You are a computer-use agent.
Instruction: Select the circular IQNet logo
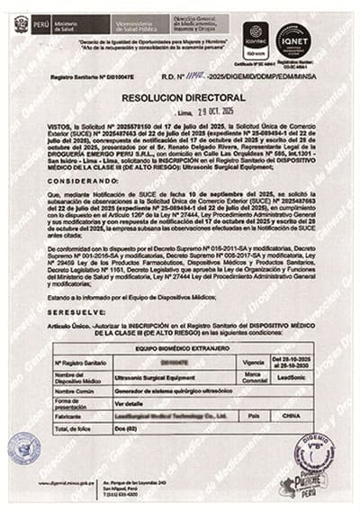[x=292, y=40]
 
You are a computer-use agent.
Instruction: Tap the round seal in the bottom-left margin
[x=23, y=447]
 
